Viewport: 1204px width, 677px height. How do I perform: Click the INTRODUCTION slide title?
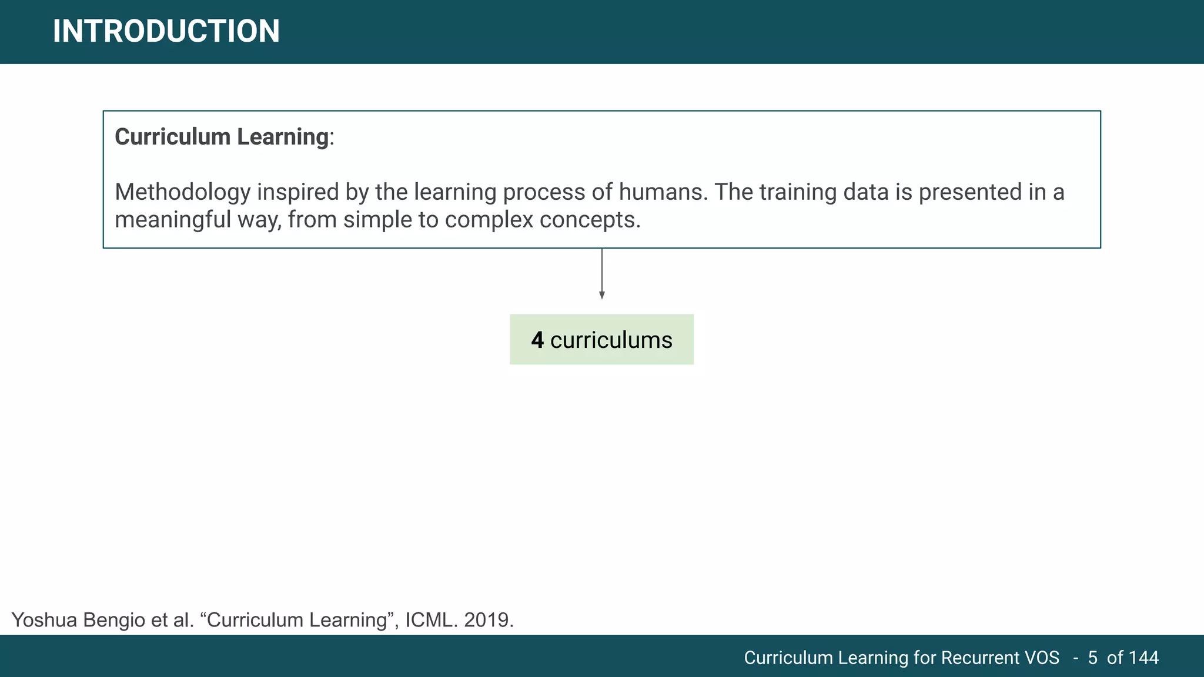pyautogui.click(x=166, y=31)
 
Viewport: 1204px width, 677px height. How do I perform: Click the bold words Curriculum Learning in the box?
pyautogui.click(x=222, y=137)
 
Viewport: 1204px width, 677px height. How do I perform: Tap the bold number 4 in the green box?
pyautogui.click(x=537, y=340)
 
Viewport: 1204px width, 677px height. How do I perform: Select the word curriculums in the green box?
pyautogui.click(x=611, y=340)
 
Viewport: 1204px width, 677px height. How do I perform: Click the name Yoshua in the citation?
pyautogui.click(x=44, y=620)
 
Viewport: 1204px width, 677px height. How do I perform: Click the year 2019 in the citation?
pyautogui.click(x=487, y=620)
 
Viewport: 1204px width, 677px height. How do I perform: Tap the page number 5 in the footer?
pyautogui.click(x=1092, y=658)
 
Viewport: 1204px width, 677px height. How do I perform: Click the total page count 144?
pyautogui.click(x=1143, y=658)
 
